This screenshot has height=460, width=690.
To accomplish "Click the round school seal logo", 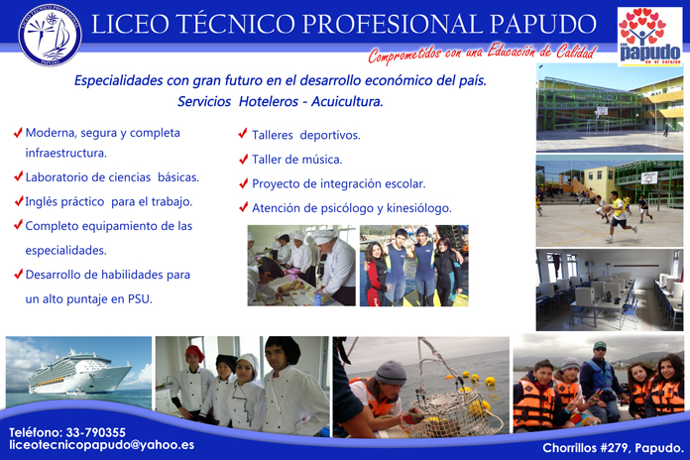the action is click(50, 36).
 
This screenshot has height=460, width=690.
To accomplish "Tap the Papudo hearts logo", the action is click(649, 37).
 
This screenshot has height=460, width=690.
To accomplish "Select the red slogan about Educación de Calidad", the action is click(482, 54).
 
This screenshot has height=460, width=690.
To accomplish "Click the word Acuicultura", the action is click(347, 102).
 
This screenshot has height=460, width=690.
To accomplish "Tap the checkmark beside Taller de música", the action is click(243, 159).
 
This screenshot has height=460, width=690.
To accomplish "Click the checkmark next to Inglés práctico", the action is click(19, 200).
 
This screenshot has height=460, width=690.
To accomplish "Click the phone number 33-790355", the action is click(95, 432).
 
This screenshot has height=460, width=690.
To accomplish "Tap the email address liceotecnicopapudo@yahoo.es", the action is click(102, 445).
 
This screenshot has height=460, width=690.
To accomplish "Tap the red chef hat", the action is click(194, 353).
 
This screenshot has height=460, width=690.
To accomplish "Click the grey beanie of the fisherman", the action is click(391, 373).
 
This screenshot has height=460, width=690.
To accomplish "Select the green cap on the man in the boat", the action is click(599, 346).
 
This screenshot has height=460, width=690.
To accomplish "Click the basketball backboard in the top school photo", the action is click(602, 111).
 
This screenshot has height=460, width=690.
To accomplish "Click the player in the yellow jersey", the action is click(619, 216).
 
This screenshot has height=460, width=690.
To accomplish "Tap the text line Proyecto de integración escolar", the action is click(338, 184).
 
